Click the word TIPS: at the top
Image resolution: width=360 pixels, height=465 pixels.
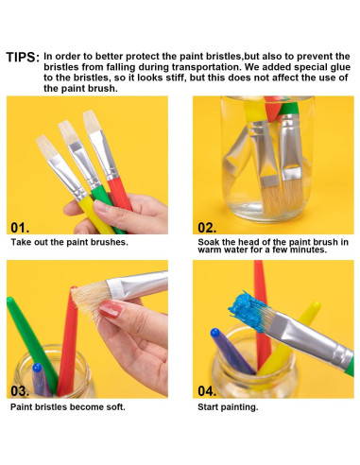[23, 58]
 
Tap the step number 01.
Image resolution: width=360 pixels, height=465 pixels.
[20, 228]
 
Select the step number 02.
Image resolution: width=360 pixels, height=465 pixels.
[207, 228]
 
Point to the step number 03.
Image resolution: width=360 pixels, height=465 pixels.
[20, 390]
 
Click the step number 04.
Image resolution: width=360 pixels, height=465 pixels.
[207, 390]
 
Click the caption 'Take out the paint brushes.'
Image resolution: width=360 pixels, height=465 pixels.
[70, 242]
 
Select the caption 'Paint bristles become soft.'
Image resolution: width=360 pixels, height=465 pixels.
[68, 406]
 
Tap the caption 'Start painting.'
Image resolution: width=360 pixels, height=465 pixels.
[228, 407]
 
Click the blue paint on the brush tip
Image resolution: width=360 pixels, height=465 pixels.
[249, 310]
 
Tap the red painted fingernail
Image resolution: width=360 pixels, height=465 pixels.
[111, 308]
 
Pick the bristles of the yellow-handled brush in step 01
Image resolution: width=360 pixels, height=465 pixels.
[45, 146]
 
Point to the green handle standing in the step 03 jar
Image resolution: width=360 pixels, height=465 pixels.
[31, 343]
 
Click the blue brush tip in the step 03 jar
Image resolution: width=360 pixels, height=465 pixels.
[37, 368]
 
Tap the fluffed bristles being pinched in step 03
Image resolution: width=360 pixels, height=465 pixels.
[91, 301]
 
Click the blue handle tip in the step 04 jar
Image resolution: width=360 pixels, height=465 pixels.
[214, 333]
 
